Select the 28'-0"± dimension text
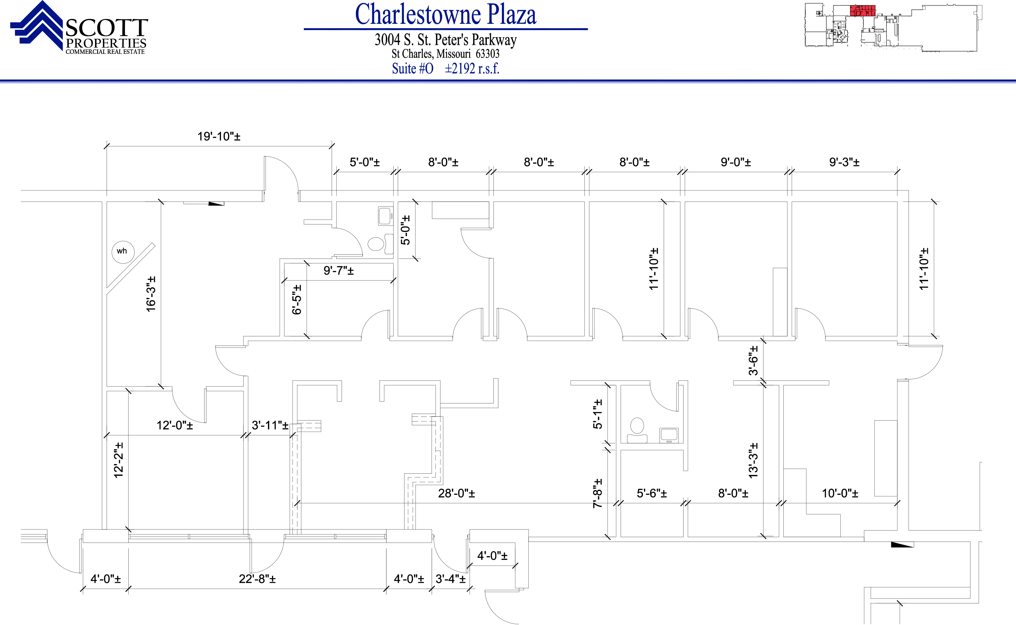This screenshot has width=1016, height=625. pyautogui.click(x=457, y=493)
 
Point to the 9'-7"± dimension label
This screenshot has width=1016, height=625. pyautogui.click(x=339, y=271)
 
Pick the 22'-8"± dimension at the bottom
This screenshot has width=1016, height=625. pyautogui.click(x=257, y=579)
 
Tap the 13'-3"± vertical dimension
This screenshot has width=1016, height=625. pyautogui.click(x=753, y=461)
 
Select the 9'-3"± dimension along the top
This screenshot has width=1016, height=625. pyautogui.click(x=844, y=162)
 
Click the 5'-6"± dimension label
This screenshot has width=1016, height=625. pyautogui.click(x=652, y=493)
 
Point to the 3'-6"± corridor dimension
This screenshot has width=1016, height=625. pyautogui.click(x=753, y=360)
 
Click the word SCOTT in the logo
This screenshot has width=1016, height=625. pyautogui.click(x=107, y=28)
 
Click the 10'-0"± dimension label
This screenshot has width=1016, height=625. pyautogui.click(x=840, y=493)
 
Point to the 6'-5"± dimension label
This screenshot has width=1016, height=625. pyautogui.click(x=297, y=300)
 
